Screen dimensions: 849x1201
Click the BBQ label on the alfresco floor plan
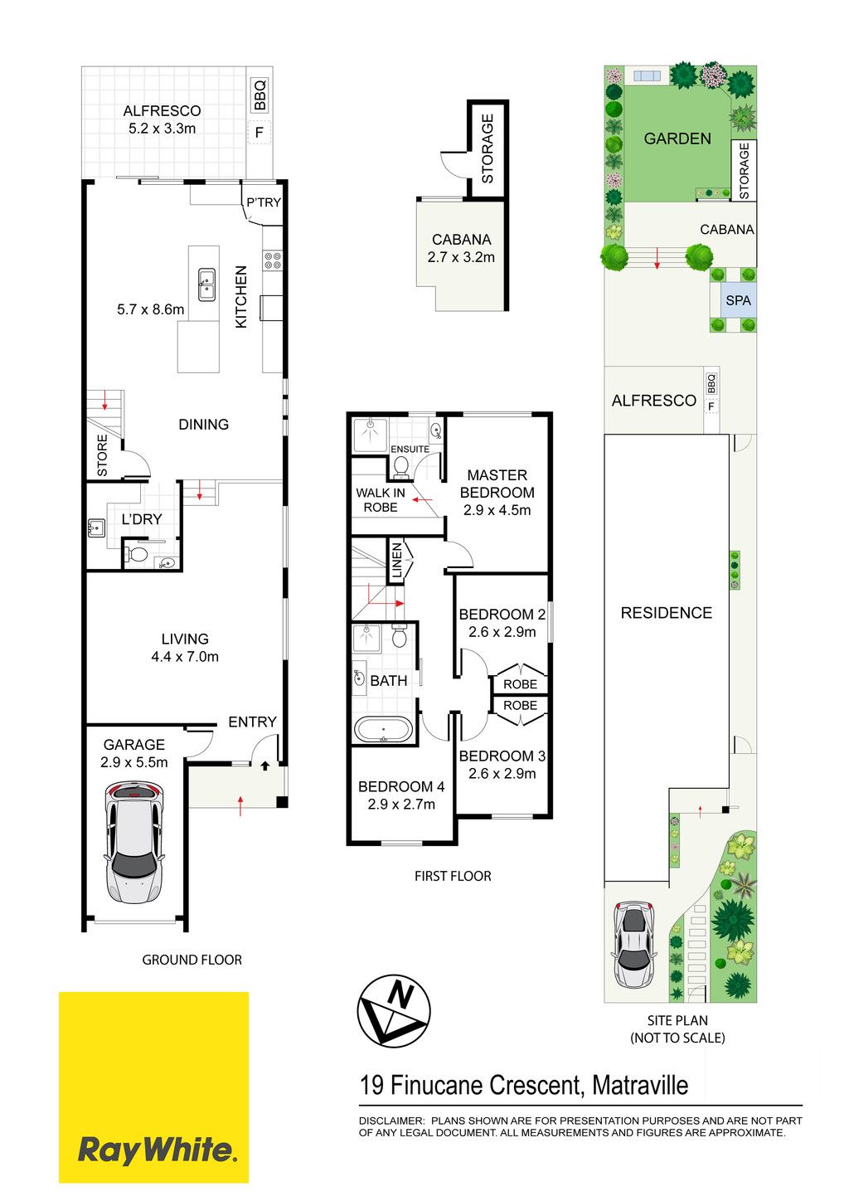[x=260, y=95]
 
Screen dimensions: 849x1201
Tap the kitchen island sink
[x=207, y=284]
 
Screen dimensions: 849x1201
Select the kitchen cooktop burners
[x=272, y=260]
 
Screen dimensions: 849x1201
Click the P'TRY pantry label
[x=263, y=202]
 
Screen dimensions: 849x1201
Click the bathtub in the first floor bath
[x=383, y=729]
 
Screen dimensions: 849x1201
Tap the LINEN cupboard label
[x=397, y=561]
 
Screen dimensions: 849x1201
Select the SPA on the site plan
[x=738, y=301]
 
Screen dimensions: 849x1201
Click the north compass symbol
[x=394, y=1011]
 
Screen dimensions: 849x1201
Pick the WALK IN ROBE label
[x=381, y=499]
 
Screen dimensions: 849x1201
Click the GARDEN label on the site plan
[x=677, y=139]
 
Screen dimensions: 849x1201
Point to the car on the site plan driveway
[x=634, y=945]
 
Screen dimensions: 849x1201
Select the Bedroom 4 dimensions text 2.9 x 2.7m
[x=401, y=805]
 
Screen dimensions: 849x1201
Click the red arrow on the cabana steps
[x=657, y=258]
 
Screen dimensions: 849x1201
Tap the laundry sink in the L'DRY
[x=96, y=528]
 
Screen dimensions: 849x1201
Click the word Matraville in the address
[x=640, y=1085]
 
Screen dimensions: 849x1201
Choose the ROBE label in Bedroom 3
[x=520, y=706]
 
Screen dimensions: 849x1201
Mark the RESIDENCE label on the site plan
[x=667, y=613]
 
